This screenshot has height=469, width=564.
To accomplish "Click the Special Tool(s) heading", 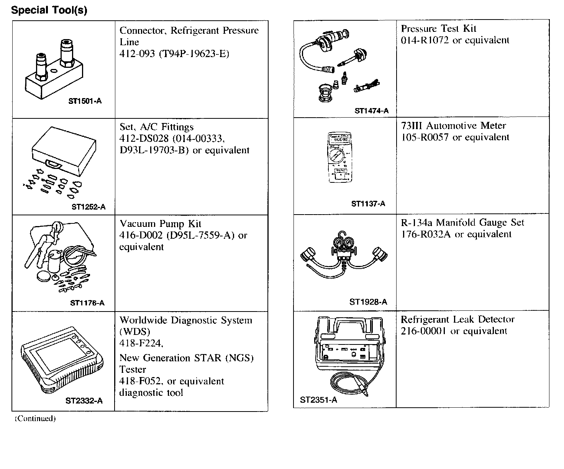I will (x=49, y=10).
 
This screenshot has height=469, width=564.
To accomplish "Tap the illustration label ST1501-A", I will (x=85, y=101).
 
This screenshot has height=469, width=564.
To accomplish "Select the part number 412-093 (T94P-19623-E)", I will (x=174, y=54).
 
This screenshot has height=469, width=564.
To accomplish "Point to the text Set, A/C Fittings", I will (x=157, y=127).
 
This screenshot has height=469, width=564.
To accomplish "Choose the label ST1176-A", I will (x=87, y=303).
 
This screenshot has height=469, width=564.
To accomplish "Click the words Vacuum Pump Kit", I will (x=161, y=224).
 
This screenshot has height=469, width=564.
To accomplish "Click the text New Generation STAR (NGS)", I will (x=187, y=358).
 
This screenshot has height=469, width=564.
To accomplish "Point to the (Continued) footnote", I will (x=35, y=418).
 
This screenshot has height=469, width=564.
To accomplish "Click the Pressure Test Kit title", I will (x=438, y=29).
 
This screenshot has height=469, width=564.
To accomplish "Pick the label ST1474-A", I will (x=371, y=111).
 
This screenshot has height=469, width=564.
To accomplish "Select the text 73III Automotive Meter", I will (x=453, y=126).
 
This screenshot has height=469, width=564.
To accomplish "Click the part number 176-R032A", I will (x=426, y=234).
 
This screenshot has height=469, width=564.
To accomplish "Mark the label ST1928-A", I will (x=368, y=302).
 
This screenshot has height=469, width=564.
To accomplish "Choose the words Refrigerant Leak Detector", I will (x=457, y=319).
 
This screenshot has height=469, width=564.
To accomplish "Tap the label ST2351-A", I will (x=318, y=400).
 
